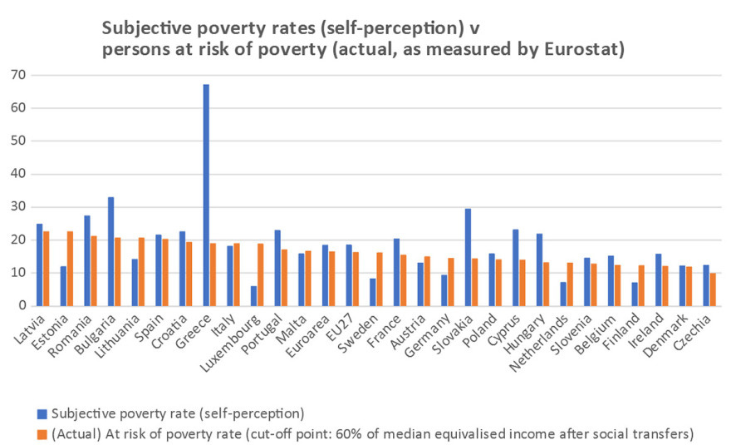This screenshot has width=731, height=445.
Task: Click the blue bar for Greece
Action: (x=205, y=195)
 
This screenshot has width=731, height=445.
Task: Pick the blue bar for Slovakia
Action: (x=468, y=257)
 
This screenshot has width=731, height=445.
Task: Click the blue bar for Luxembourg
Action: (x=253, y=296)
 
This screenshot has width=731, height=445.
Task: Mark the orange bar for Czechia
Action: (x=713, y=289)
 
